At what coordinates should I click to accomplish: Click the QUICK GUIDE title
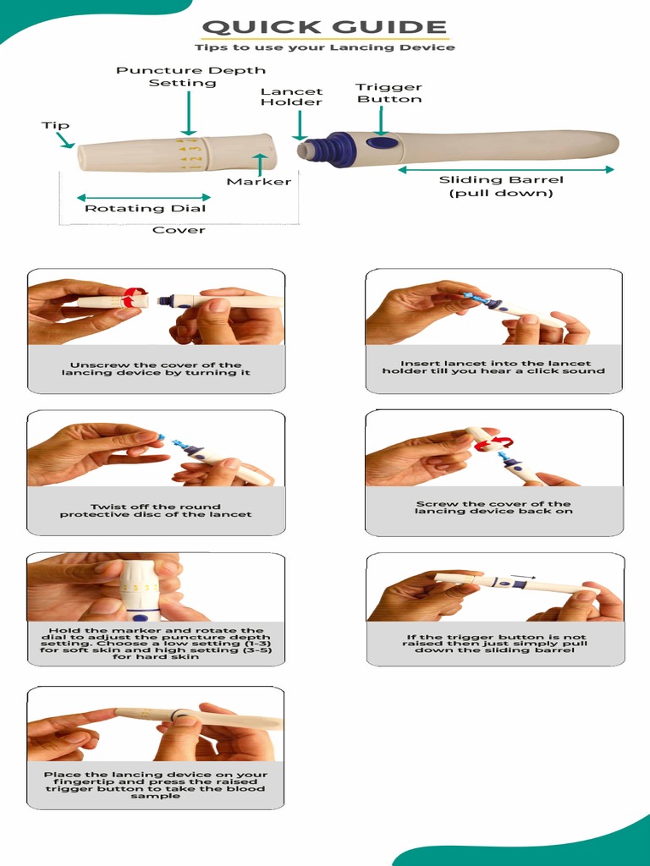coord(325,27)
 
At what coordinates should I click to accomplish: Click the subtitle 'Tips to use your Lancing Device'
coord(325,48)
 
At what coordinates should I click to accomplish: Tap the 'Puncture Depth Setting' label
coord(190,76)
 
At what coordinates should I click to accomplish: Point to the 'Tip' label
coord(55,125)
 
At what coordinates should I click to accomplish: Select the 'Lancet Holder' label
coord(291,96)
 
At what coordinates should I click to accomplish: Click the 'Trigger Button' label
coord(388,93)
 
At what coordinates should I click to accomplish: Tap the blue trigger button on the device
coord(383,143)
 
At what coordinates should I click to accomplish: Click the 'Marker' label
coord(258,181)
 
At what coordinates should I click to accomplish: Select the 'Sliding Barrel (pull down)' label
coord(501,186)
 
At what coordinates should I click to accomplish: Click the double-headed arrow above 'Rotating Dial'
coord(142,197)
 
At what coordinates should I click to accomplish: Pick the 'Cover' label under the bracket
coord(179,230)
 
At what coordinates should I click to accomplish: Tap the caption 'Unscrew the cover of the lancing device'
coord(156,369)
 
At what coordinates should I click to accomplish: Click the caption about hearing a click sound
coord(493,367)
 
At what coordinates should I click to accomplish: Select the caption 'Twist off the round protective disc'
coord(156,510)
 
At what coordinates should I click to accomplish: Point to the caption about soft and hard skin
coord(156,644)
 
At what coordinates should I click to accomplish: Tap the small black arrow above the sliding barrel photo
coord(522,577)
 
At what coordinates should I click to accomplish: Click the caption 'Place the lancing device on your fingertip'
coord(156,785)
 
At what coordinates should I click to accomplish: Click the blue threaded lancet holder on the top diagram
coord(322,149)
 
